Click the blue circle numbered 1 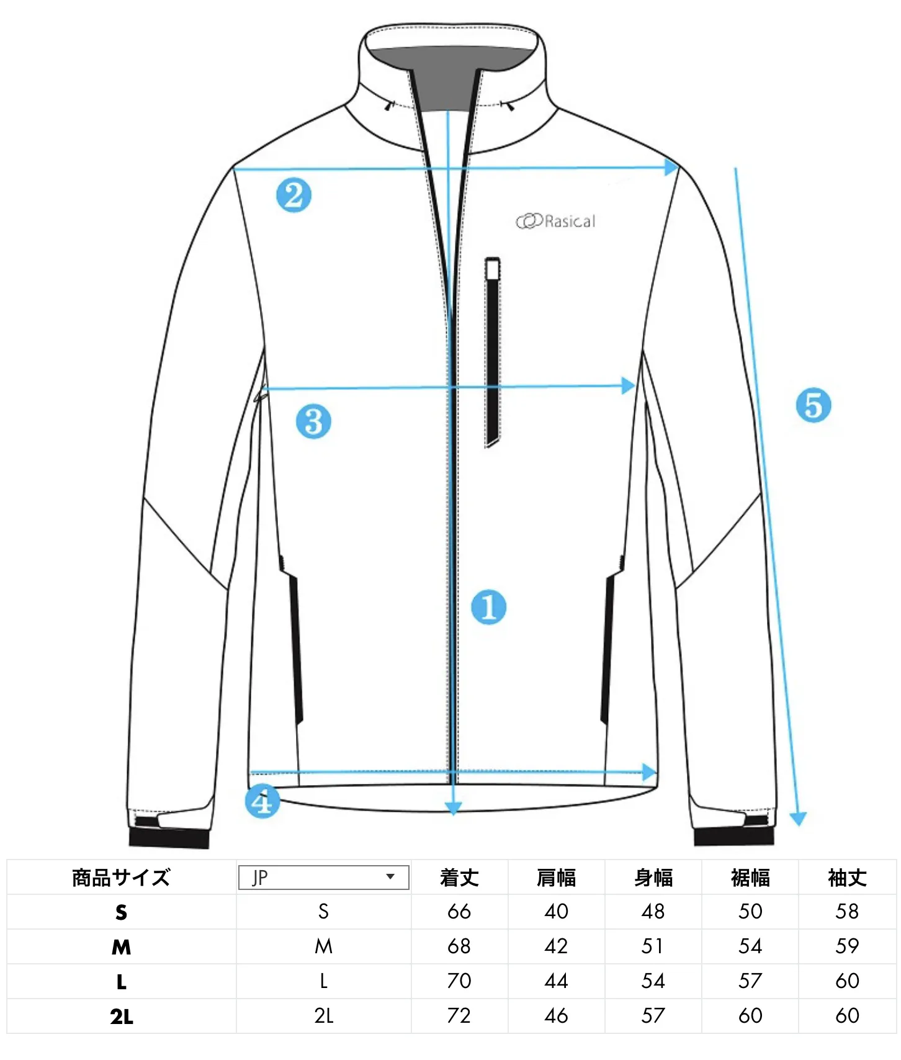point(488,607)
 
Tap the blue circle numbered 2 point(294,195)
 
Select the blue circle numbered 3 point(313,421)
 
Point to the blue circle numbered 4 point(262,801)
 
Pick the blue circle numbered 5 point(813,405)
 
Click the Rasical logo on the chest point(555,221)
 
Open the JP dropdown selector point(323,877)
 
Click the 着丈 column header point(459,878)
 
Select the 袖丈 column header point(847,878)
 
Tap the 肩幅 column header point(556,878)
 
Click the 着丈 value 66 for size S point(459,912)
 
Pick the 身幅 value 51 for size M point(653,946)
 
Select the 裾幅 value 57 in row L point(750,981)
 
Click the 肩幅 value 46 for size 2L point(556,1016)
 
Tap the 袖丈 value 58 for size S point(847,912)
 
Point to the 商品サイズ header point(122,878)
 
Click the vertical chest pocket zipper point(493,351)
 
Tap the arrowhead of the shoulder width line point(671,167)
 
